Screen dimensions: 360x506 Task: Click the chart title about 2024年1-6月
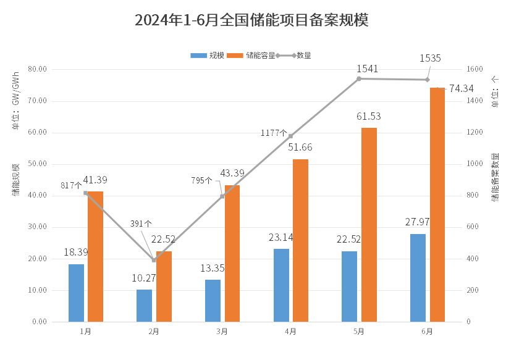(x=251, y=20)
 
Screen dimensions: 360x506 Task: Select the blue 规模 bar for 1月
(x=76, y=293)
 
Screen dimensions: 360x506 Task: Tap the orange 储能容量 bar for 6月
(x=437, y=204)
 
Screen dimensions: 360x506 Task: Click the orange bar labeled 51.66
(x=300, y=240)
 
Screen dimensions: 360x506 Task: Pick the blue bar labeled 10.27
(x=144, y=306)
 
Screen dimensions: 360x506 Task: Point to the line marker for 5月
(x=359, y=78)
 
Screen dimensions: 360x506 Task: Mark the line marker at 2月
(x=154, y=260)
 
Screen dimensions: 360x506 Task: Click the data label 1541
(x=367, y=69)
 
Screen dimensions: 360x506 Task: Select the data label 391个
(x=141, y=224)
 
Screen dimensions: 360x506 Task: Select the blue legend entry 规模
(x=208, y=56)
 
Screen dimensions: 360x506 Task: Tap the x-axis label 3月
(x=222, y=332)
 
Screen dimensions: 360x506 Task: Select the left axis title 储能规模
(x=15, y=180)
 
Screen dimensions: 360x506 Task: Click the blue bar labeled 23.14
(x=281, y=285)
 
